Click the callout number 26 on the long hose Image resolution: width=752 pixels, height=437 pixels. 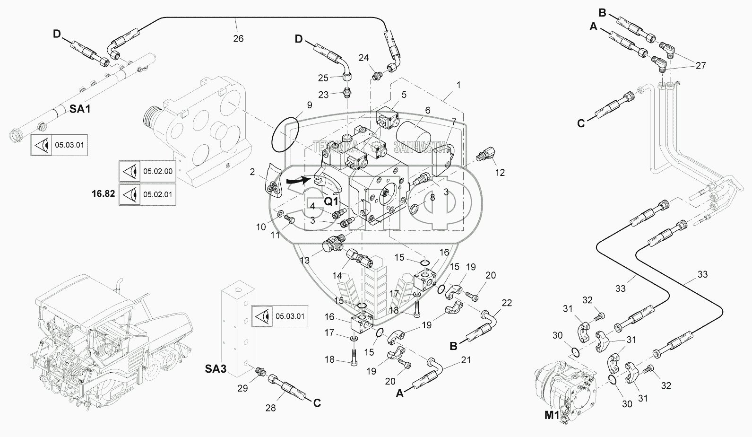coord(238,39)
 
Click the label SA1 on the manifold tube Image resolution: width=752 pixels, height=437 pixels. coord(80,109)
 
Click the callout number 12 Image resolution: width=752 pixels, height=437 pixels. coord(500,173)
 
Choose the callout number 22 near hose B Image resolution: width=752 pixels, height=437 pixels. coord(506,303)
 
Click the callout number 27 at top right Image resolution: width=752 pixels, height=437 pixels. coord(701,66)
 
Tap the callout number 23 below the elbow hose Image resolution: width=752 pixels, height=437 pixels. coord(323,95)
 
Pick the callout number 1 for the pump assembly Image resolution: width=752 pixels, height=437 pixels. coord(458,85)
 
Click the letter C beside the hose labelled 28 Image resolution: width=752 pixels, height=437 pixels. coord(317,403)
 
